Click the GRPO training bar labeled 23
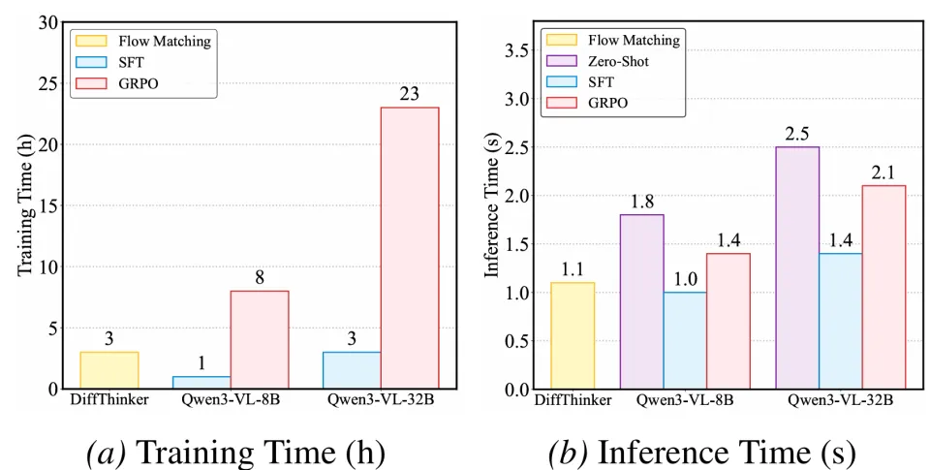(410, 247)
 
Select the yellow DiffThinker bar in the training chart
(108, 370)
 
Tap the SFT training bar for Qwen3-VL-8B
(202, 382)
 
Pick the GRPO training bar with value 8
(260, 339)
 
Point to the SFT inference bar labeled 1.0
(684, 340)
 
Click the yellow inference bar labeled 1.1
(572, 335)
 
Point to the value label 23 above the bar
(411, 94)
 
